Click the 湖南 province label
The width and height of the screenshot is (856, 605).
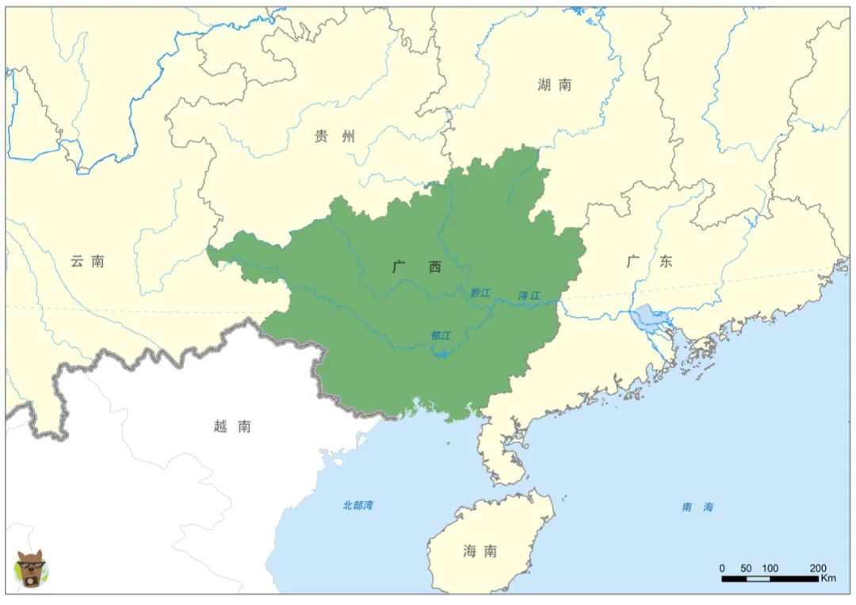(553, 85)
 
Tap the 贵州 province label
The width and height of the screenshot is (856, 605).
(334, 136)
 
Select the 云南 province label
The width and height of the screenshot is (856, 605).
(87, 261)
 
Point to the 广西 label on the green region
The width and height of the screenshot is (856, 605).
(417, 267)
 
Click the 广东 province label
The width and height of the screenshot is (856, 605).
(648, 261)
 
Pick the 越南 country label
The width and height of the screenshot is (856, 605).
(232, 426)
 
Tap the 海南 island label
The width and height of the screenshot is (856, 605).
(480, 551)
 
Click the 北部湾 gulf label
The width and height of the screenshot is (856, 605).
(357, 505)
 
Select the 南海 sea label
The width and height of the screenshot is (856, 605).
(697, 507)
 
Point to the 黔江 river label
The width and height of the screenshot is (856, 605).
(480, 293)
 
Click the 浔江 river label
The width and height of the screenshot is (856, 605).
(529, 296)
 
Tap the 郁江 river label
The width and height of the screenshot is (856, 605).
(441, 335)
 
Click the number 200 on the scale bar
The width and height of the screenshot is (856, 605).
(818, 568)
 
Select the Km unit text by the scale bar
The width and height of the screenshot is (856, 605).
(827, 578)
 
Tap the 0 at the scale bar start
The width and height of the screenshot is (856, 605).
(722, 568)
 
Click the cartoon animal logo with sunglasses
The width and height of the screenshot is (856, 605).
(31, 569)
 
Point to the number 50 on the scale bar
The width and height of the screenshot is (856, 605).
(746, 568)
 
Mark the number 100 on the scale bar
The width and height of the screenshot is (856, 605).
(770, 568)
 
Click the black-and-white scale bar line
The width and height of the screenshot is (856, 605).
(769, 579)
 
